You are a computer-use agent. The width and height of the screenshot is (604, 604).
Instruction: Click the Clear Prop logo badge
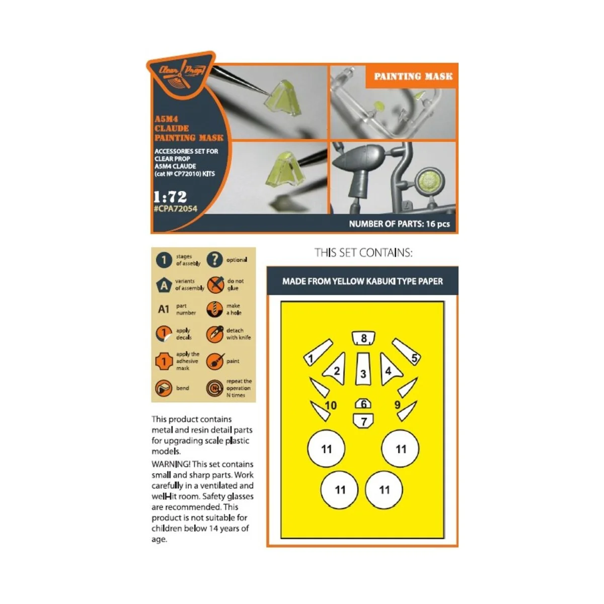(181, 74)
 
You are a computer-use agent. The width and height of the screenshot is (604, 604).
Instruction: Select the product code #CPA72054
(176, 208)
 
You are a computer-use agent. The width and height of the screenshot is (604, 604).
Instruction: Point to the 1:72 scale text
(170, 196)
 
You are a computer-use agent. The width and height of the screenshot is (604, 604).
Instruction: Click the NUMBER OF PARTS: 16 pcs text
(399, 224)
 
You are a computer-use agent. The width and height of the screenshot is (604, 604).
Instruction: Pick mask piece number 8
(363, 338)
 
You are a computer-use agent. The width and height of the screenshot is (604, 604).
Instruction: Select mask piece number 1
(318, 352)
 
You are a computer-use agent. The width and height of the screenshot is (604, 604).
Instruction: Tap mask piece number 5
(407, 351)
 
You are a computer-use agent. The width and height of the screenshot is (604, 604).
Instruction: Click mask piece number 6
(363, 404)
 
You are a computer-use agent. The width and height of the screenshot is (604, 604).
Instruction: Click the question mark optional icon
(214, 260)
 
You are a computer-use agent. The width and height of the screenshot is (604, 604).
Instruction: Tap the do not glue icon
(215, 284)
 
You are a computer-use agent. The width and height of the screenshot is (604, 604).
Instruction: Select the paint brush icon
(215, 361)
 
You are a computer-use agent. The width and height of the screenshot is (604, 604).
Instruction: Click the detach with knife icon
(215, 334)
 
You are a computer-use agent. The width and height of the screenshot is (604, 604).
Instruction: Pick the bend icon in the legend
(164, 388)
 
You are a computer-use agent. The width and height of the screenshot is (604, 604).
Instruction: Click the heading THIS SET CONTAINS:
(363, 253)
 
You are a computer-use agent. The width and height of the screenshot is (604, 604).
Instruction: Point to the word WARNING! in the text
(171, 464)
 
